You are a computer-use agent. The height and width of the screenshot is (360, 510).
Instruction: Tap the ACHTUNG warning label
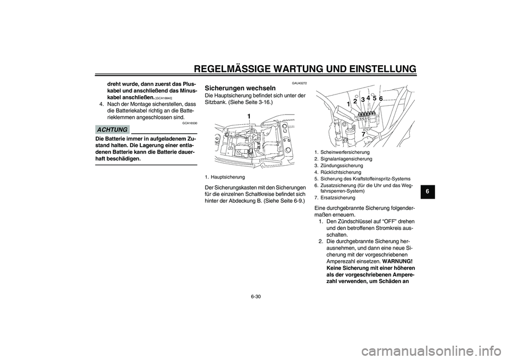pos(113,130)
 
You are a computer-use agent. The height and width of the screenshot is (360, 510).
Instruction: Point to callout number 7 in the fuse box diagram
pos(363,134)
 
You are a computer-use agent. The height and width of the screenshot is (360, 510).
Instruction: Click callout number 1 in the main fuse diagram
pos(248,115)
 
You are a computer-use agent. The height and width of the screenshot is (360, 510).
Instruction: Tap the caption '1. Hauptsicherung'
pos(225,176)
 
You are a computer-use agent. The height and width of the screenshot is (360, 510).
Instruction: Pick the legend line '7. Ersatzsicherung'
pos(335,197)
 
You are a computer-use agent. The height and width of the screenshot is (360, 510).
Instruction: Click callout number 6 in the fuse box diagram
pos(381,99)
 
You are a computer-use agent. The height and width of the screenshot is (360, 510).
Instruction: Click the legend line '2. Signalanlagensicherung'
pos(343,159)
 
